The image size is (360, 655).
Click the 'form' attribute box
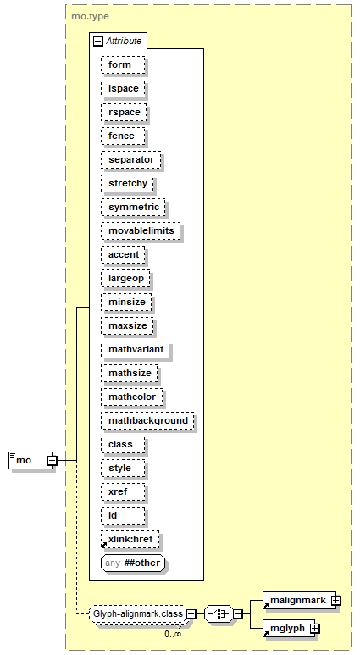(x=123, y=64)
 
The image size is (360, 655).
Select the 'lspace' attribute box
(x=123, y=89)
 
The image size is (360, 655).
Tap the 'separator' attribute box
(x=130, y=159)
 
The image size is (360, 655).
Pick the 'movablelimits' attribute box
(x=141, y=231)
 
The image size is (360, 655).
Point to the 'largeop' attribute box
(x=125, y=278)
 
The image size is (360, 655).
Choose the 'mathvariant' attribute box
(x=136, y=349)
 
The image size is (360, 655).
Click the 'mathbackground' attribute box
(x=147, y=420)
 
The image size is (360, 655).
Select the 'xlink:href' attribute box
(x=130, y=539)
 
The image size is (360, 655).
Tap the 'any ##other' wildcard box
(x=133, y=563)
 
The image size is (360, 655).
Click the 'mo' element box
(x=30, y=460)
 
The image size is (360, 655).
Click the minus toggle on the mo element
(x=53, y=461)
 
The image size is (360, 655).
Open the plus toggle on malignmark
(x=335, y=601)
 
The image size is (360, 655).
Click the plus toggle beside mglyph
(x=315, y=628)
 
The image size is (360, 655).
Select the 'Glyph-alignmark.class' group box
(x=138, y=613)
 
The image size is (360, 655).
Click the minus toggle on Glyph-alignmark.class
(x=191, y=614)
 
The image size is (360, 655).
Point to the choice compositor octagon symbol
(x=219, y=614)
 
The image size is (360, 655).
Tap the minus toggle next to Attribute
(x=97, y=41)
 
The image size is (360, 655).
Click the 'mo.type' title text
(x=90, y=16)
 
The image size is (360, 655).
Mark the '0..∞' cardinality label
(x=173, y=634)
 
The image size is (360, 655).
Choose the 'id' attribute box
(x=123, y=515)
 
